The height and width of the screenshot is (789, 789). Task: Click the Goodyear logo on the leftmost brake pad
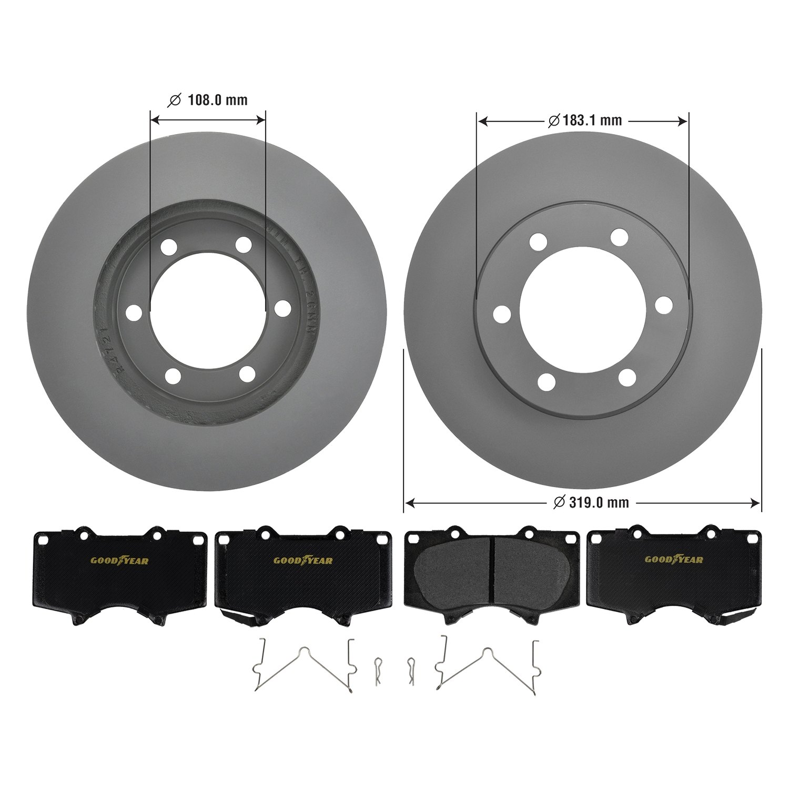pyautogui.click(x=119, y=560)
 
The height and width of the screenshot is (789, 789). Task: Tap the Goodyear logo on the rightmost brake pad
pyautogui.click(x=674, y=560)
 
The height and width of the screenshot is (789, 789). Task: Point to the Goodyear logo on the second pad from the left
pyautogui.click(x=303, y=560)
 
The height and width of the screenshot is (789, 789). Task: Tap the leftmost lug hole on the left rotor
pyautogui.click(x=134, y=312)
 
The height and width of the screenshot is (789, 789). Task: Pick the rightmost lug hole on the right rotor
pyautogui.click(x=664, y=305)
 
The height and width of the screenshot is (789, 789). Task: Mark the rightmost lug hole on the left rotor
pyautogui.click(x=283, y=309)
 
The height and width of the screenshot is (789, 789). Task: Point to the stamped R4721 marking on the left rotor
pyautogui.click(x=112, y=350)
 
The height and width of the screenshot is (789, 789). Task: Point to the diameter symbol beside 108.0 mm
pyautogui.click(x=174, y=100)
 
